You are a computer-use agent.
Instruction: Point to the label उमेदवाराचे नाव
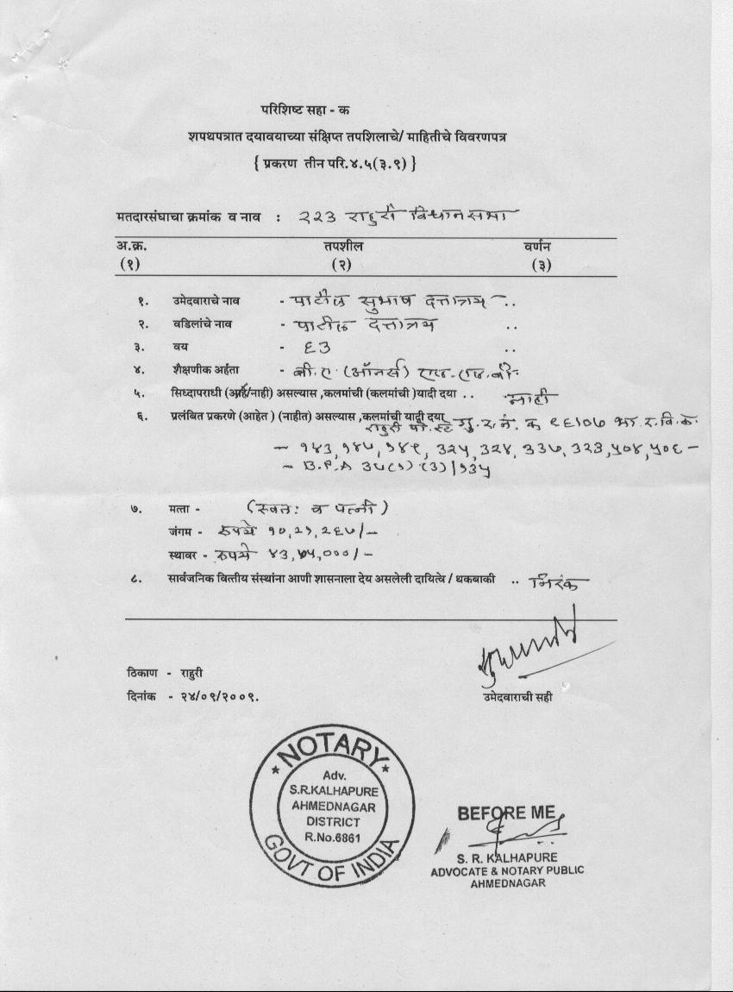[x=205, y=302]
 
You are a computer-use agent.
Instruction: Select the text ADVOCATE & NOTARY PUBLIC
[x=507, y=870]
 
